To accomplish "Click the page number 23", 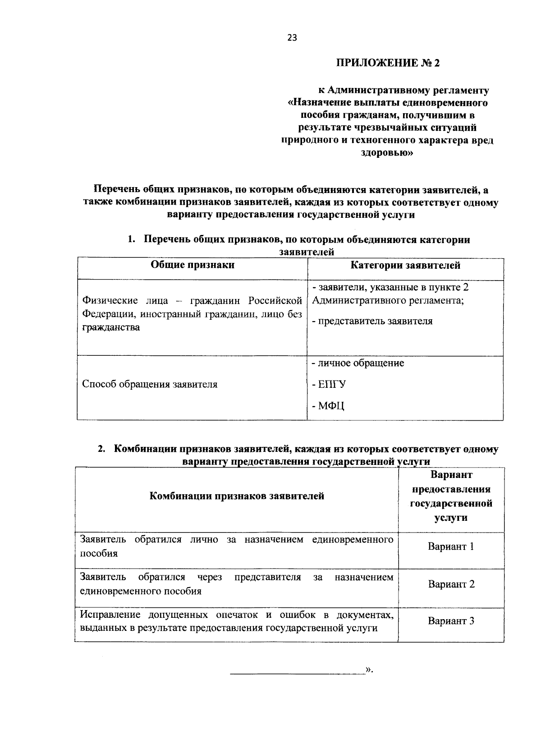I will click(x=292, y=38).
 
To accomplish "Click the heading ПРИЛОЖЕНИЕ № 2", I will click(x=387, y=63).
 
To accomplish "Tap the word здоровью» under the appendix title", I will click(x=387, y=153).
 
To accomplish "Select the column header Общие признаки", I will click(x=193, y=265).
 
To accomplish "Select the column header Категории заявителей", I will click(x=405, y=265).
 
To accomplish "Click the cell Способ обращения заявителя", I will click(x=150, y=384).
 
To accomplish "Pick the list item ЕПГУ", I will click(x=329, y=385).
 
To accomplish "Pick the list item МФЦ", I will click(x=328, y=406).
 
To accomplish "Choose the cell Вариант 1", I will click(x=451, y=547).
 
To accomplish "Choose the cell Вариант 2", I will click(x=451, y=584).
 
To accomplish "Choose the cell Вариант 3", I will click(x=451, y=621).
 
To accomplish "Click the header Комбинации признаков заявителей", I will click(x=237, y=496).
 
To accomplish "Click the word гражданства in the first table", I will click(x=110, y=327).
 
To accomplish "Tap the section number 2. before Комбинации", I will click(x=102, y=449).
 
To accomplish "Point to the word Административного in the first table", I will click(x=353, y=300).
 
